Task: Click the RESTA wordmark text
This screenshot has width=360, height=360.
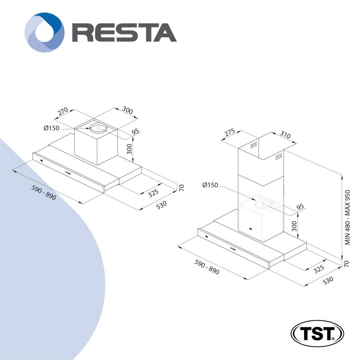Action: (x=124, y=32)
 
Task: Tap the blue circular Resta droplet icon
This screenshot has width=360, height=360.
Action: (x=45, y=32)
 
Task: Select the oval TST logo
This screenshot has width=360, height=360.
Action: (x=317, y=333)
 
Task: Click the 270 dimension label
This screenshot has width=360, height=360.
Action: (x=63, y=111)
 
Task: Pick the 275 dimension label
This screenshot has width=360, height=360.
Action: (x=230, y=132)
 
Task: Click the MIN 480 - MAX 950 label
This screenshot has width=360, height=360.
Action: (x=347, y=217)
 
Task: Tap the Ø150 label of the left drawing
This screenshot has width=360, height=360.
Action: (x=51, y=128)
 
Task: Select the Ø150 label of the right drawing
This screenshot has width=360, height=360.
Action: (x=210, y=185)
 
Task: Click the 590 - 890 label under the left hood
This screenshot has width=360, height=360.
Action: (x=44, y=192)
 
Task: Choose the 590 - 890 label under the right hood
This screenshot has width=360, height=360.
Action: (x=207, y=267)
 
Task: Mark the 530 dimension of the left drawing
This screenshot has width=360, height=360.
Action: (x=161, y=205)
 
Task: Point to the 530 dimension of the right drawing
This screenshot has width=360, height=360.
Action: (x=328, y=280)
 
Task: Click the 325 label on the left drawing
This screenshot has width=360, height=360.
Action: (x=153, y=193)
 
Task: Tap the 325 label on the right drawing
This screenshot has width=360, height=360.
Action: (x=319, y=269)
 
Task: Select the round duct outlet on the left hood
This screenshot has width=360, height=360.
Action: (x=98, y=128)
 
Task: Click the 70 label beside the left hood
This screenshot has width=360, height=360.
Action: (x=182, y=188)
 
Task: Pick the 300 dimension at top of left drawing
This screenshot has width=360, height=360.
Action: (x=127, y=110)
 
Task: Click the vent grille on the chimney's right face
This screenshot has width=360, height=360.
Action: (x=279, y=157)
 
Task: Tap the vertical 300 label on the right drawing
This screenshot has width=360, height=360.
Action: (x=294, y=226)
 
